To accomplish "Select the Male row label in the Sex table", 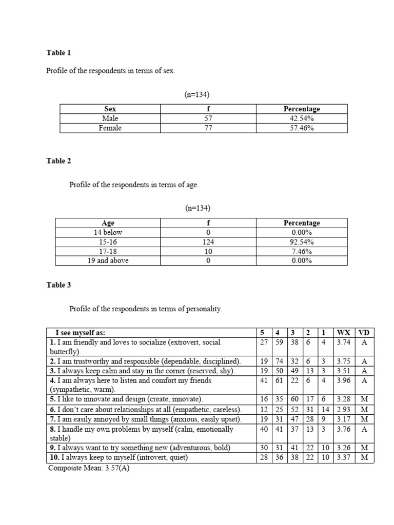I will point(110,118).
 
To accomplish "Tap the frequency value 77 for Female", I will point(208,128).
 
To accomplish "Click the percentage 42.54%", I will point(302,118).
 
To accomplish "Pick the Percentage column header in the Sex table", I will point(302,109).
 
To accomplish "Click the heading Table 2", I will point(58,160).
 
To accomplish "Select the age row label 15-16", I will point(108,242).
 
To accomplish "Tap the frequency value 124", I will point(208,242).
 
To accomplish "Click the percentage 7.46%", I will point(302,251).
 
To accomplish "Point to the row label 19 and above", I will point(108,260).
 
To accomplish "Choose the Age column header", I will point(108,223).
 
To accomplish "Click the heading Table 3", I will point(58,285).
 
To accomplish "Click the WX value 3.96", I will point(343,380).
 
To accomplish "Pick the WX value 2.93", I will point(343,410).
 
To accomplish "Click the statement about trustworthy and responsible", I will point(145,361).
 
